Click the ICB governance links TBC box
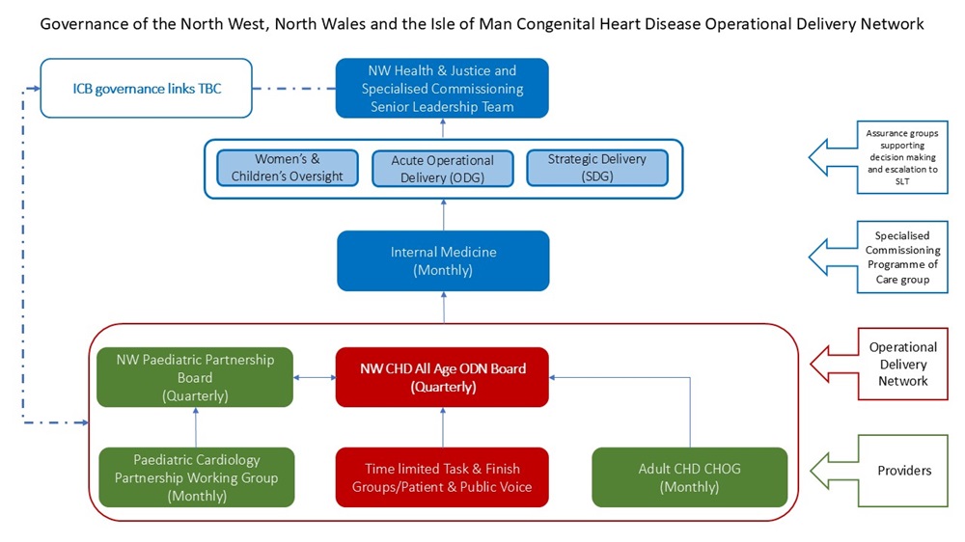146,89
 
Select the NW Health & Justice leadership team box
442,89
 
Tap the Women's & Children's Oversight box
287,168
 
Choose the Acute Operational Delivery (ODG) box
442,168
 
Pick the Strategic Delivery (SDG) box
597,168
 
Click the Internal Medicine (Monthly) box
443,260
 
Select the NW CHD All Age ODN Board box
442,376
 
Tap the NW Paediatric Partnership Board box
195,376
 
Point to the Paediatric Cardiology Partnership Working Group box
196,476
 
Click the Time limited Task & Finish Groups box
442,476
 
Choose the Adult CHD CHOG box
689,476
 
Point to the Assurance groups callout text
901,155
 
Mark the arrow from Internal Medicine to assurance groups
443,214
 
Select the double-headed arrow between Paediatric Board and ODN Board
314,376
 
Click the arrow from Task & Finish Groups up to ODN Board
443,426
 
